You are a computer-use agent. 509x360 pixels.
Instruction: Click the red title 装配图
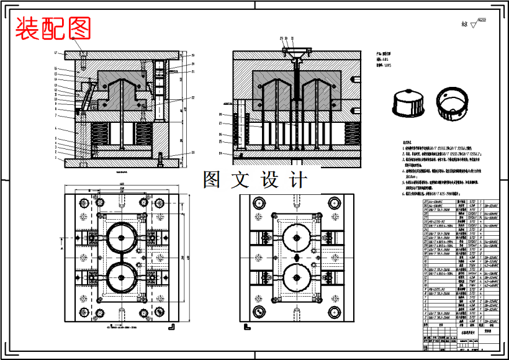53,27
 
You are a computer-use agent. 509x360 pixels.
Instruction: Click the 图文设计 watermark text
254,180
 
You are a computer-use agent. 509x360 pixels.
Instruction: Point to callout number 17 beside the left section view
56,53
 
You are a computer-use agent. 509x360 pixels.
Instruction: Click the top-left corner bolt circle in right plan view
256,202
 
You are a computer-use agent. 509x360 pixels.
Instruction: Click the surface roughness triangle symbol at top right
475,25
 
